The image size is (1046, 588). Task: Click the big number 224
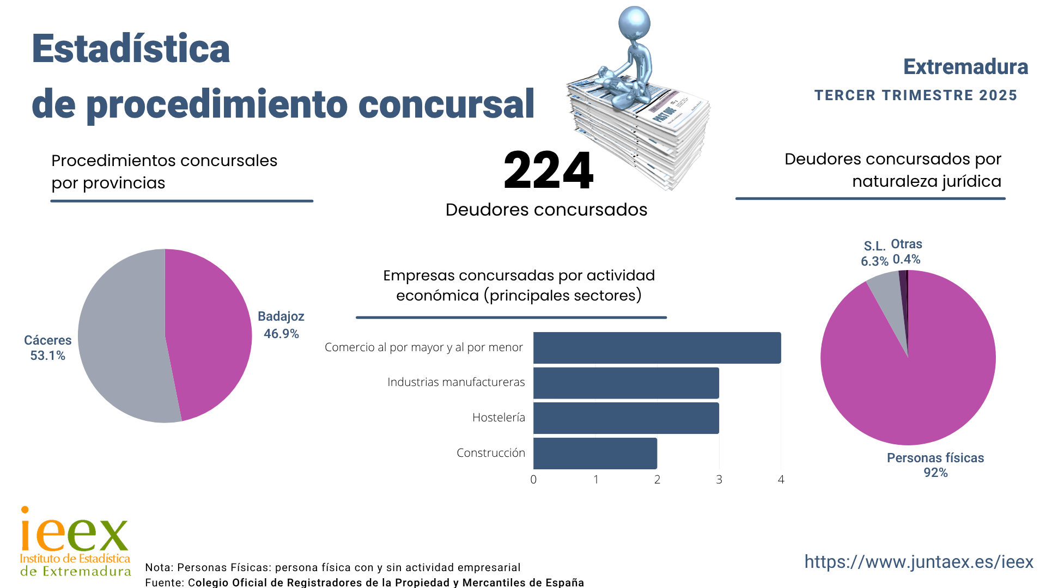tap(548, 170)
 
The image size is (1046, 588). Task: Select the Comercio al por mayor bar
tap(656, 347)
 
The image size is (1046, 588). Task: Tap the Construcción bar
tap(595, 453)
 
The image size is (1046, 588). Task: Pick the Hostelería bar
tap(625, 418)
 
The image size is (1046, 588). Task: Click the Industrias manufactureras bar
tap(625, 383)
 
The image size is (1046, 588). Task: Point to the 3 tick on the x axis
tap(719, 480)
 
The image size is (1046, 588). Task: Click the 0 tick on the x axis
tap(533, 480)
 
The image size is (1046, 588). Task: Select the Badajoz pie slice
tap(210, 332)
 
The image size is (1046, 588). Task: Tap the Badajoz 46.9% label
tap(281, 325)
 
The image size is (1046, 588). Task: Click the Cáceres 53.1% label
tap(47, 348)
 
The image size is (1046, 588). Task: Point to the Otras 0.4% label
tap(907, 252)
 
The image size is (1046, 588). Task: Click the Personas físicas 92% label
tap(935, 465)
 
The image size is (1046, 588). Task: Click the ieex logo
tap(75, 541)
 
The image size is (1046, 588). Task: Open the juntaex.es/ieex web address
tap(919, 562)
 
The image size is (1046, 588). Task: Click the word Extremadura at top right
tap(965, 67)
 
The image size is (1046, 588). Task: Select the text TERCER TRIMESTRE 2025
tap(915, 95)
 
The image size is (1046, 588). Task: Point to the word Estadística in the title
tap(131, 49)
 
